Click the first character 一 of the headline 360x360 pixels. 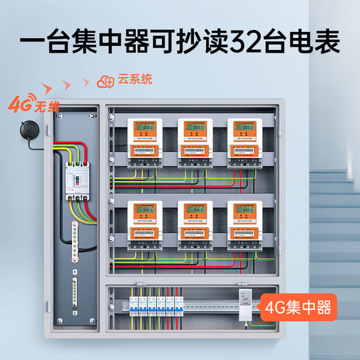pyautogui.click(x=32, y=42)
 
